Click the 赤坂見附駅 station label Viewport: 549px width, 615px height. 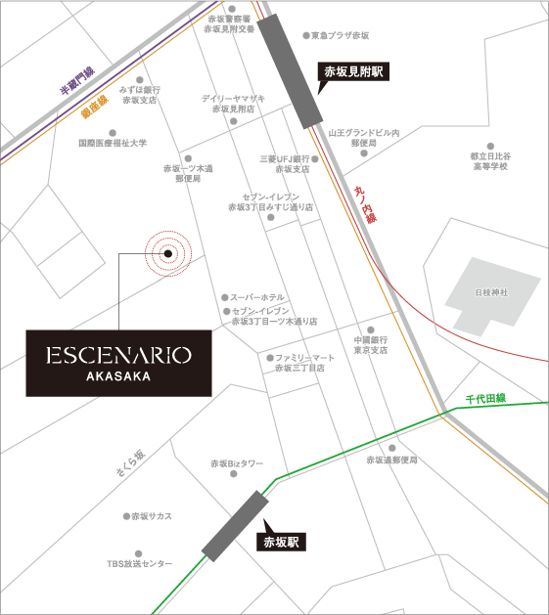(353, 72)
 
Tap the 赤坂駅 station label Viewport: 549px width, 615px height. (281, 541)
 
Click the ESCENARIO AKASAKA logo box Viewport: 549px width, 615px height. (118, 362)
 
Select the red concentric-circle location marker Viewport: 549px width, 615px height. (167, 253)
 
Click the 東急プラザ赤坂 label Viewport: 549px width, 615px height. (340, 36)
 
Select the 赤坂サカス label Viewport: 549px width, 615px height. (152, 515)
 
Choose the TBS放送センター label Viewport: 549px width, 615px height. (139, 564)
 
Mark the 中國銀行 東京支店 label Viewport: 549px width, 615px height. (371, 344)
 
